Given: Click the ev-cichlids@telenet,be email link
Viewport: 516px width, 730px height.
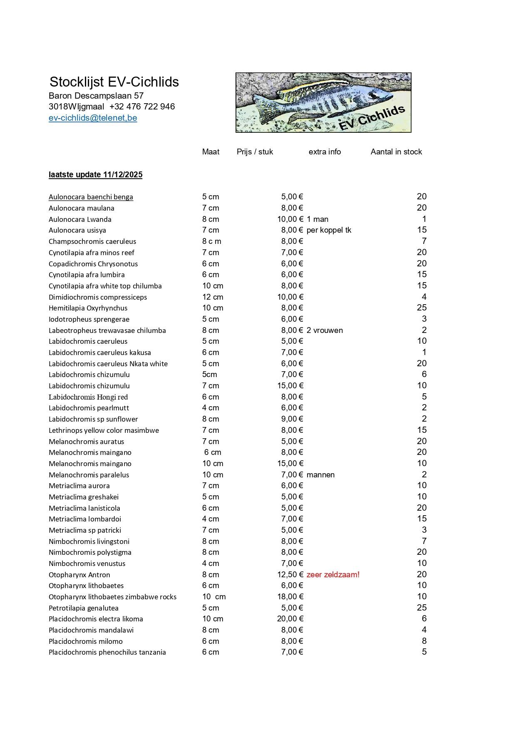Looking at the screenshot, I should pos(93,118).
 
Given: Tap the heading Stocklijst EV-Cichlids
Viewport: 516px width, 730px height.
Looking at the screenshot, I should pos(114,82).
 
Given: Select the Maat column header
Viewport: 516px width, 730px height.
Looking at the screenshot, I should pos(211,152).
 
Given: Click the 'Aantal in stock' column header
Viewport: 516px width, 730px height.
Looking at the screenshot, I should pos(396,152).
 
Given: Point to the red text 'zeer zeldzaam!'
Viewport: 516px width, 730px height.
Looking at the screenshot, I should pos(333,575).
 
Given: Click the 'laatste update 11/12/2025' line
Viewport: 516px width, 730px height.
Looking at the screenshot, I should pos(95,175).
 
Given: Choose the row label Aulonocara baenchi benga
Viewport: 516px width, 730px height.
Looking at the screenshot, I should pos(91,197).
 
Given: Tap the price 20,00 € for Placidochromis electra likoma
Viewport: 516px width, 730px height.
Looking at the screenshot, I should pos(290,619).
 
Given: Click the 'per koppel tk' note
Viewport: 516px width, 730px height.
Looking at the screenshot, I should pos(329,230).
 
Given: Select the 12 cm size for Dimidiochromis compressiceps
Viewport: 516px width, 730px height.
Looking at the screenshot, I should pos(213,297).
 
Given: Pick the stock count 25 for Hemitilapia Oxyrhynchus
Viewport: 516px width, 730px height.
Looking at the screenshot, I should pos(422,308).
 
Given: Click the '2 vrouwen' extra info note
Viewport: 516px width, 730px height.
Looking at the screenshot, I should pos(325,330).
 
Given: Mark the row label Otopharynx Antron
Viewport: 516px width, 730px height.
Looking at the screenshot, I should pos(79,575).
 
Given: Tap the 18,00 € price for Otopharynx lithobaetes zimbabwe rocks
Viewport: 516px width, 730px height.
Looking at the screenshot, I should pos(290,597).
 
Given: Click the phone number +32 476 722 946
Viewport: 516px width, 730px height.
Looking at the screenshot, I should pos(142,107).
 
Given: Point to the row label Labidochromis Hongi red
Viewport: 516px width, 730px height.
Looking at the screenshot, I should pos(88,397).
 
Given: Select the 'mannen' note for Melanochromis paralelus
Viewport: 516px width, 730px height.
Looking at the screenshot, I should pos(320,475).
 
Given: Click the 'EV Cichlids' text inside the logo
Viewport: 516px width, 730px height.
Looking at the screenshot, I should pos(372,118).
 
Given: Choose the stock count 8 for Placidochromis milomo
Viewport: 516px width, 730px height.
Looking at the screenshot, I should pos(424,641).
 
